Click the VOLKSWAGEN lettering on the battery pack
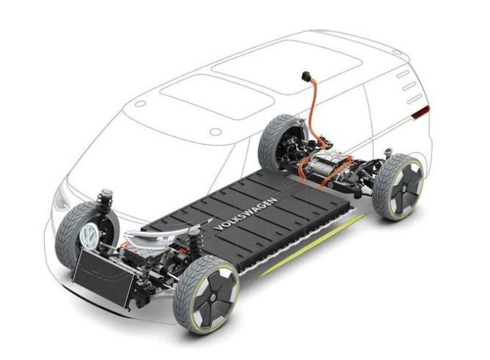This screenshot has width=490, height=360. tap(246, 214)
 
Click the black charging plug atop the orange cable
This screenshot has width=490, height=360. tap(306, 76)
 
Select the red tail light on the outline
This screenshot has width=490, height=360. tap(420, 112)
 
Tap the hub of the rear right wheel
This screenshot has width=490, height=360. tap(405, 188)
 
